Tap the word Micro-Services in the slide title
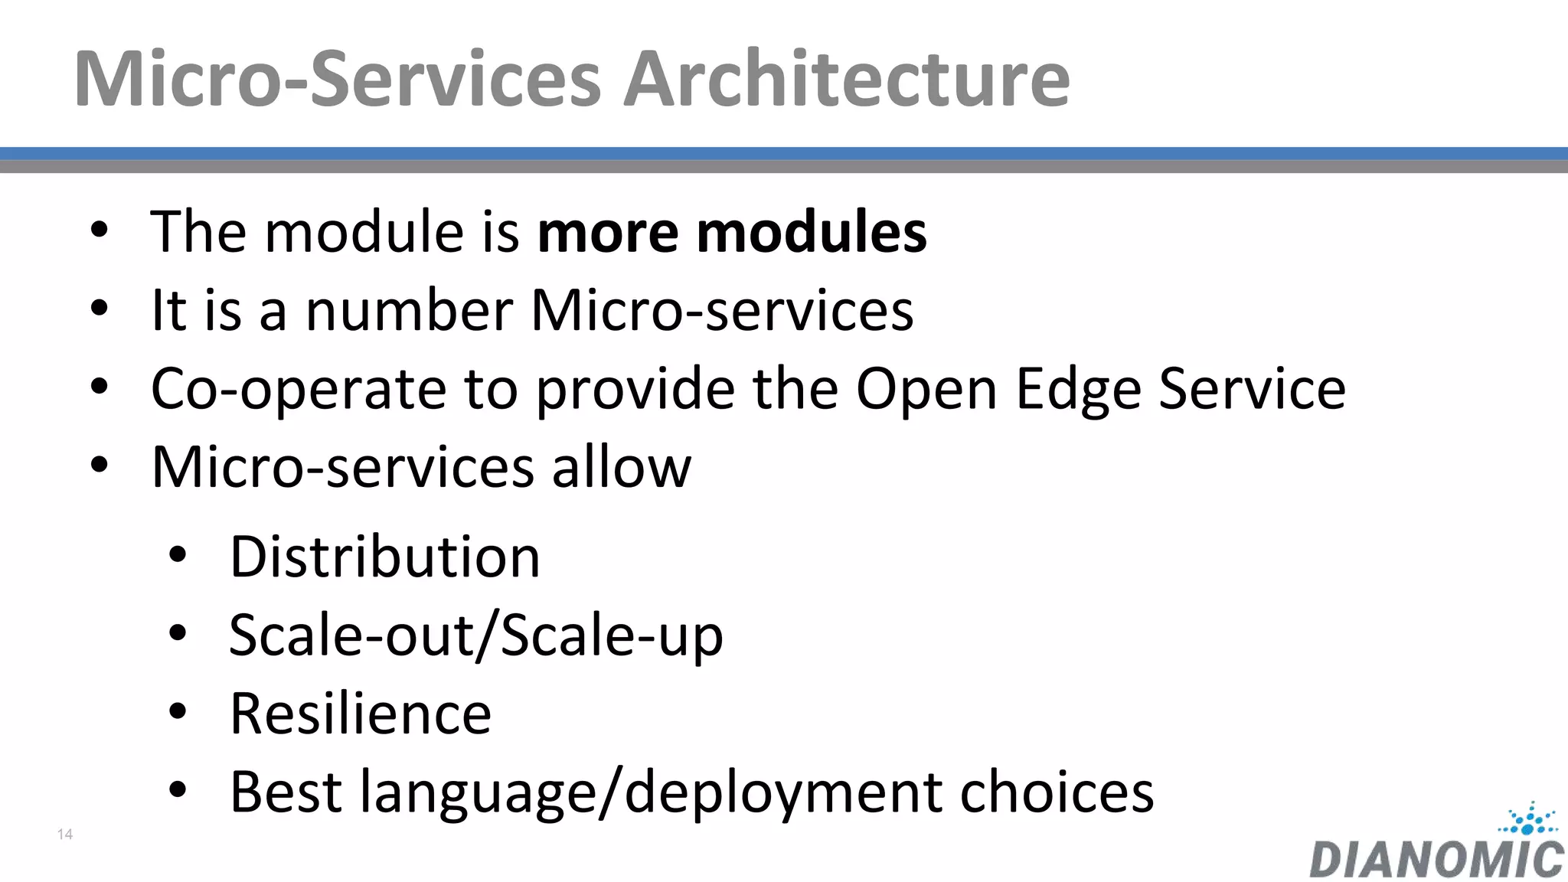pos(337,79)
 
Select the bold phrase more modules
pos(732,232)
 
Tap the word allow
pos(621,467)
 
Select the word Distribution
pos(385,557)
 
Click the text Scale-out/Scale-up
pos(475,635)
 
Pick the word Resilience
pos(361,714)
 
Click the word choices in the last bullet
pos(1057,792)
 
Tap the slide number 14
pos(65,835)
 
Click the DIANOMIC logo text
pos(1436,859)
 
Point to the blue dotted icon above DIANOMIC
pos(1528,819)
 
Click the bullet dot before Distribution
pos(178,555)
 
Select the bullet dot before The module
pos(99,230)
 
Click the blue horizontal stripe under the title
pos(784,153)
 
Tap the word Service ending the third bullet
pos(1252,389)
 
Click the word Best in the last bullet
pos(286,792)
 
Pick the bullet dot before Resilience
pos(178,712)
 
